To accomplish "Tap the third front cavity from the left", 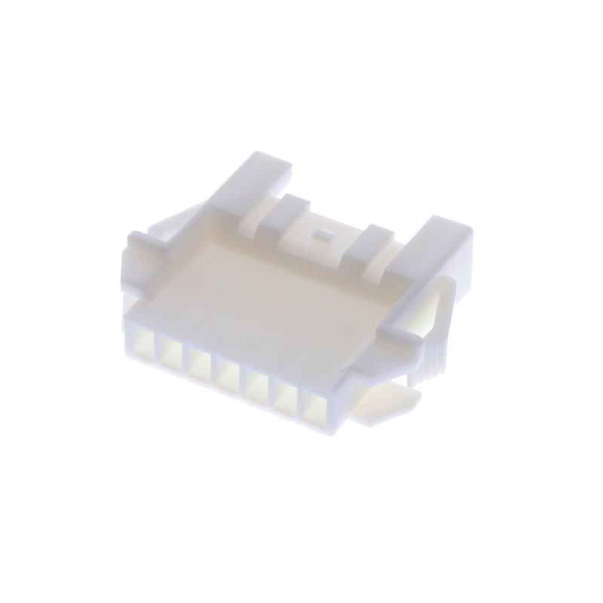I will [x=200, y=366].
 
